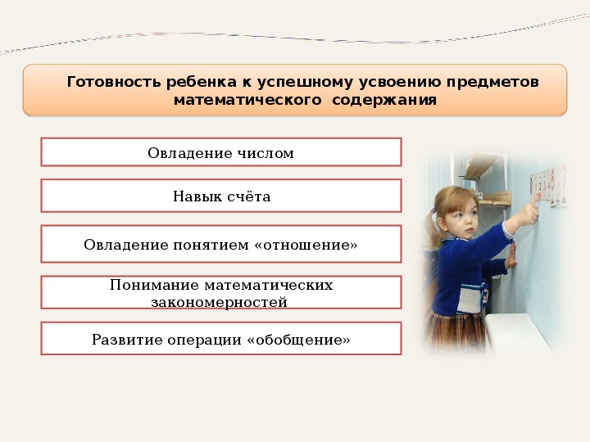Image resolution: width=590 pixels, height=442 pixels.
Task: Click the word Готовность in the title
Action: coord(114,82)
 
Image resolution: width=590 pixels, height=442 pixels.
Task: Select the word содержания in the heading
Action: coord(384,101)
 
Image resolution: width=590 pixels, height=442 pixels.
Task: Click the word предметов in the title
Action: coord(492,82)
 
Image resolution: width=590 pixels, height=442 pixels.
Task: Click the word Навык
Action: coord(196,196)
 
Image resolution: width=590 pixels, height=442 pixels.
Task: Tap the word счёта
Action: coord(248,196)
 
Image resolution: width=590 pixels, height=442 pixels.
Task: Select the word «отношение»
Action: coord(306,245)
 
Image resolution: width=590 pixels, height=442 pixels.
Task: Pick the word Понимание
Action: coord(154,285)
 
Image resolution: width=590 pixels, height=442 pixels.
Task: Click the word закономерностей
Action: coord(220,302)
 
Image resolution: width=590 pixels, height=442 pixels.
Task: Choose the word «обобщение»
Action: coord(298,340)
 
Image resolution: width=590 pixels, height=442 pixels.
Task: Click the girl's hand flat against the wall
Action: coord(511,255)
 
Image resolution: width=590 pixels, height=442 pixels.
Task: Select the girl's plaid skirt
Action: coord(456,331)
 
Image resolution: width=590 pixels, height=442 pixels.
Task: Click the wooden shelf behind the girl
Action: coord(494,198)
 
